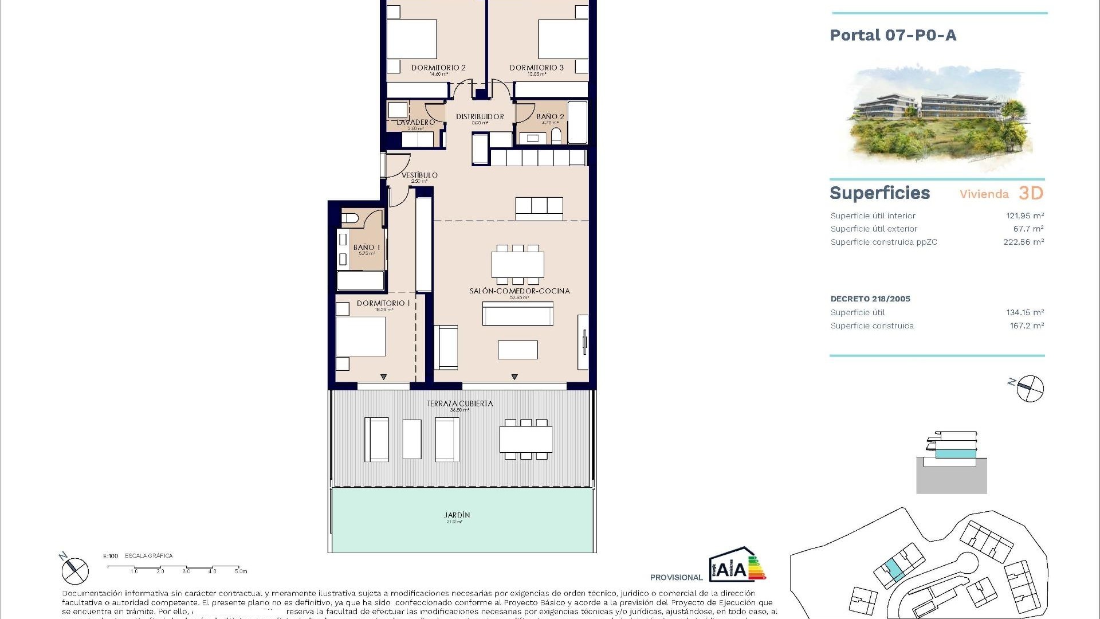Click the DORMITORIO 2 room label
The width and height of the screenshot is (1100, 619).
point(438,68)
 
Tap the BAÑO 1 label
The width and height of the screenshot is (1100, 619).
point(367,248)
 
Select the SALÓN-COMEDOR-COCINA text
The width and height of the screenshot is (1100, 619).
point(520,291)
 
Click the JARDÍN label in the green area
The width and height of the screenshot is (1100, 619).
point(457,515)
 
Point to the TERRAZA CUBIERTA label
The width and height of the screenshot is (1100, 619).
point(459,403)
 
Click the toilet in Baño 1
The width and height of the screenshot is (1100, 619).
point(350,218)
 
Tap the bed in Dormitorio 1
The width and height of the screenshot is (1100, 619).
point(360,336)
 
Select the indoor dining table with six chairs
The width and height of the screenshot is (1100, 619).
point(518,264)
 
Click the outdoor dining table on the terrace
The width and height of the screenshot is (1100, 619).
point(526,440)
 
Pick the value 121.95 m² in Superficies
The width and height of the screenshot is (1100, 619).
point(1025,216)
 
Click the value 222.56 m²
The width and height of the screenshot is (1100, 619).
point(1023,242)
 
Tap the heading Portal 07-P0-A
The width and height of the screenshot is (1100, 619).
point(893,36)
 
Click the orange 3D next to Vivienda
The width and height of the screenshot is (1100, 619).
point(1031,193)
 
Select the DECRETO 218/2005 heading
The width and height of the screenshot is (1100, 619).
point(870,299)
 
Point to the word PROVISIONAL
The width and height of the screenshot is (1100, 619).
point(676,577)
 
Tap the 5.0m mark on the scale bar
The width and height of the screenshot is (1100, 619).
point(241,571)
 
